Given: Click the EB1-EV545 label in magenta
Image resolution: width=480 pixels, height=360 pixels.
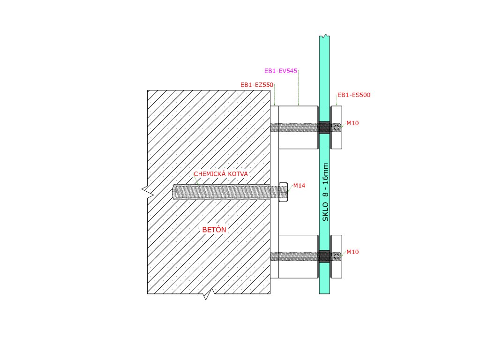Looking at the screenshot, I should [281, 71].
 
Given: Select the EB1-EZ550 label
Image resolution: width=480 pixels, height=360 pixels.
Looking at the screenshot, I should [257, 85].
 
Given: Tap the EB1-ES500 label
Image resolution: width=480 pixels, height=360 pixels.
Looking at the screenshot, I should [354, 95].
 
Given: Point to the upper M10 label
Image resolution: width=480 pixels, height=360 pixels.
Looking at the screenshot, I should [352, 123].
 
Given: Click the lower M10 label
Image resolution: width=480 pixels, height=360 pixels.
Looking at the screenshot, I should [352, 252].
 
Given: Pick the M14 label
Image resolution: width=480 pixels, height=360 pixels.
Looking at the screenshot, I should [299, 186].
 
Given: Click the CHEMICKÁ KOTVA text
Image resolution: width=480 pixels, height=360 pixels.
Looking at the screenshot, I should [221, 174].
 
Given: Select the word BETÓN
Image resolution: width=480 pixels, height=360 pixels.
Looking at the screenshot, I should [214, 230].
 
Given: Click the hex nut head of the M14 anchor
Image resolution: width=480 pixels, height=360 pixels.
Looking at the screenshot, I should [283, 192].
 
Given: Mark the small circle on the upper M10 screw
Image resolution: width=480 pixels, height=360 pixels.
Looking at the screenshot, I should [337, 127].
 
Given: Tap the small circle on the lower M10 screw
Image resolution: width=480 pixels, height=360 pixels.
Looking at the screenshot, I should [337, 256].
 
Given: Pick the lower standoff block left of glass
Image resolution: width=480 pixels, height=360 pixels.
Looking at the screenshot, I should [298, 270].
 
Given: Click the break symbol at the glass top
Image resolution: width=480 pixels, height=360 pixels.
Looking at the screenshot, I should [324, 36].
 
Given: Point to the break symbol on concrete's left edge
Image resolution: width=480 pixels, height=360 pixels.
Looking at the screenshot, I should [147, 190].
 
